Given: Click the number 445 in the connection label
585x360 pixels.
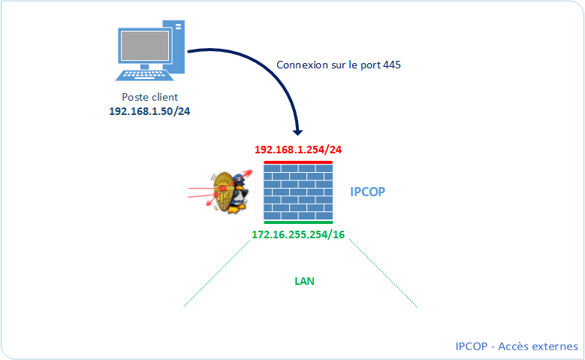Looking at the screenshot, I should [391, 65].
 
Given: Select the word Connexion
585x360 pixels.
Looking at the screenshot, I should [302, 65].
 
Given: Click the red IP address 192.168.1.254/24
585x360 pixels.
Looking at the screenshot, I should [299, 150].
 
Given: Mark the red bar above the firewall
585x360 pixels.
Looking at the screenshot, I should [297, 161].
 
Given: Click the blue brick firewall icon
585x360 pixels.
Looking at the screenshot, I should [297, 192].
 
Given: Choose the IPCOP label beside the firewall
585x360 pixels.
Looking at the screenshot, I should [368, 192].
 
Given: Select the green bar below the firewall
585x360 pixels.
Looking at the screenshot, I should [297, 222].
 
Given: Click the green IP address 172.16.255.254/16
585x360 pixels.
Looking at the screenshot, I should [298, 235].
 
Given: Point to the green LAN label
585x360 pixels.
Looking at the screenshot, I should [304, 281].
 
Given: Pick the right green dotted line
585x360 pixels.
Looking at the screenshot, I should [384, 276].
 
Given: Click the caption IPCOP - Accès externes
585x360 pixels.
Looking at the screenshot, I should [516, 346].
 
